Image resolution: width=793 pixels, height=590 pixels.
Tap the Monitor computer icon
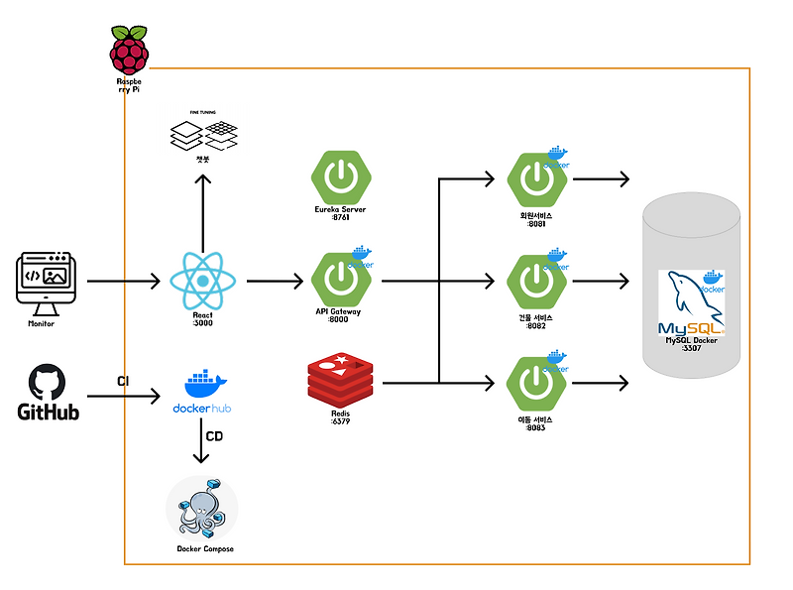click(x=48, y=283)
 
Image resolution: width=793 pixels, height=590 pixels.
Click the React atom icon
click(x=202, y=282)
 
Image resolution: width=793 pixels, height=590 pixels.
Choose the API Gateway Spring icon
click(x=341, y=281)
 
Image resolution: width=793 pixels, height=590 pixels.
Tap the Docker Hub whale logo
click(x=202, y=385)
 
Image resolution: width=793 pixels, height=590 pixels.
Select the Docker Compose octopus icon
click(x=202, y=508)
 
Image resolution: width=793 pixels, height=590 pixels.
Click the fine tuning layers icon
click(x=202, y=135)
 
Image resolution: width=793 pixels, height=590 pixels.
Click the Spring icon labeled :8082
click(x=536, y=281)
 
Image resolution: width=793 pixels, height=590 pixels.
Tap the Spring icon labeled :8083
click(x=536, y=385)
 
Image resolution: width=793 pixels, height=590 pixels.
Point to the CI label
click(x=123, y=381)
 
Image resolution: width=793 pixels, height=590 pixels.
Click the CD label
click(x=214, y=435)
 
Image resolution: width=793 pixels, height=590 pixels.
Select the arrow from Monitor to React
click(x=124, y=282)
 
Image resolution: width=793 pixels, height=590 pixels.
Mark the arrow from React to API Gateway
click(x=275, y=282)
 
